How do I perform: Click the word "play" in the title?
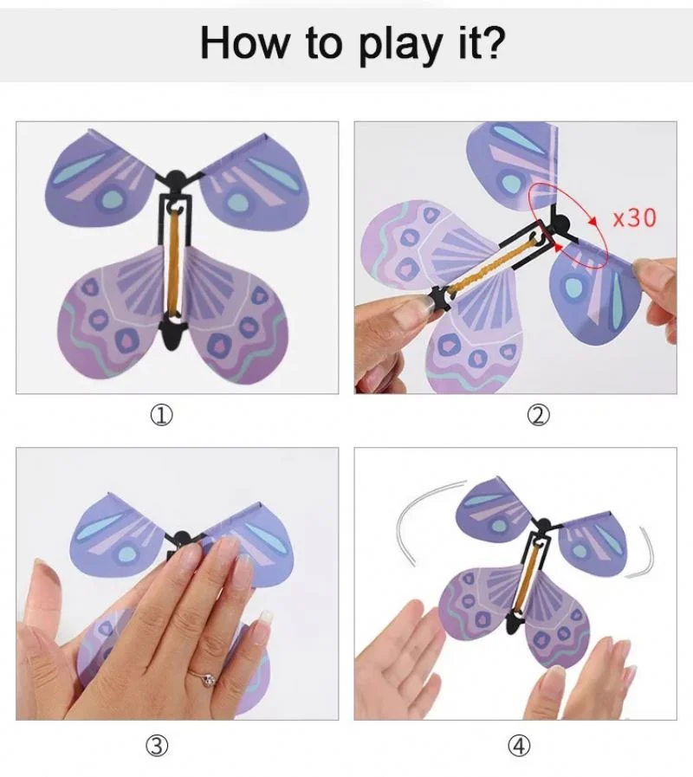pyautogui.click(x=391, y=42)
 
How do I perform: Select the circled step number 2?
pyautogui.click(x=538, y=416)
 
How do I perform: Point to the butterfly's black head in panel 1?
pyautogui.click(x=178, y=180)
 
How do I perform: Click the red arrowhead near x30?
pyautogui.click(x=595, y=220)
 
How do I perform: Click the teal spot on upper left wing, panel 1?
pyautogui.click(x=111, y=198)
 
